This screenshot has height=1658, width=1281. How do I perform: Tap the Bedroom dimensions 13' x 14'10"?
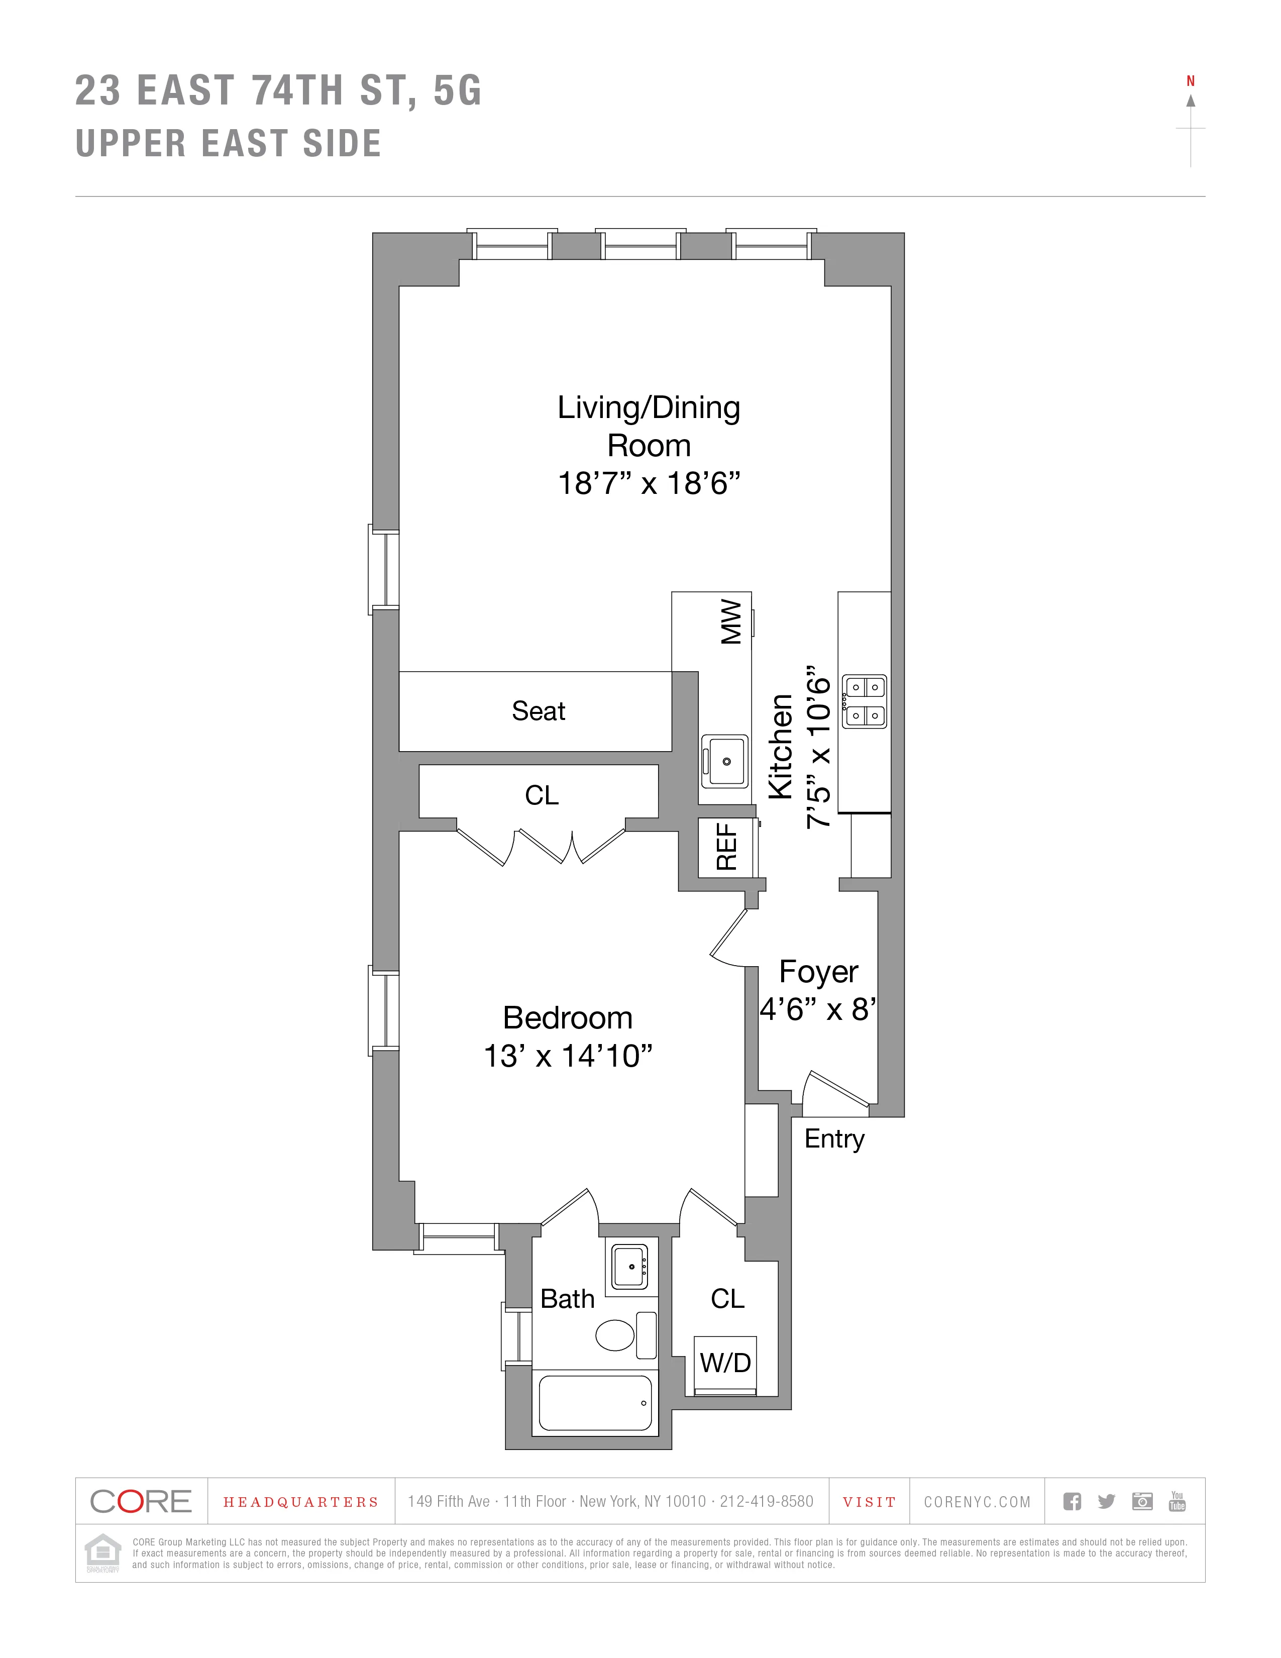[568, 1056]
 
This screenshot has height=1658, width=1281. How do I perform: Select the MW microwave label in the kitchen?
[731, 622]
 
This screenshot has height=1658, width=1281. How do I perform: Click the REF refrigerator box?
[727, 847]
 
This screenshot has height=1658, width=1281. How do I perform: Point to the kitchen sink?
[725, 761]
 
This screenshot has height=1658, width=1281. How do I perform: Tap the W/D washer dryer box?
[725, 1363]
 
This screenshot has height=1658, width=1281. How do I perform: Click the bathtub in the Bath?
[595, 1403]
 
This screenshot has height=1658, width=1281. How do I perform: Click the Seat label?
[538, 711]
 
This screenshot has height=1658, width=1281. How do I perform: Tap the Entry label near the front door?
[834, 1138]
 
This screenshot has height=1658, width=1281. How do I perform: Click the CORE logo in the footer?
[141, 1501]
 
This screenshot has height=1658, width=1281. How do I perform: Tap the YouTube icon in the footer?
[1177, 1501]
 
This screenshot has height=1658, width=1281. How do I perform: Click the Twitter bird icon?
[1107, 1501]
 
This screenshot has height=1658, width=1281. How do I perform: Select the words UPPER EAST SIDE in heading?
[229, 144]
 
